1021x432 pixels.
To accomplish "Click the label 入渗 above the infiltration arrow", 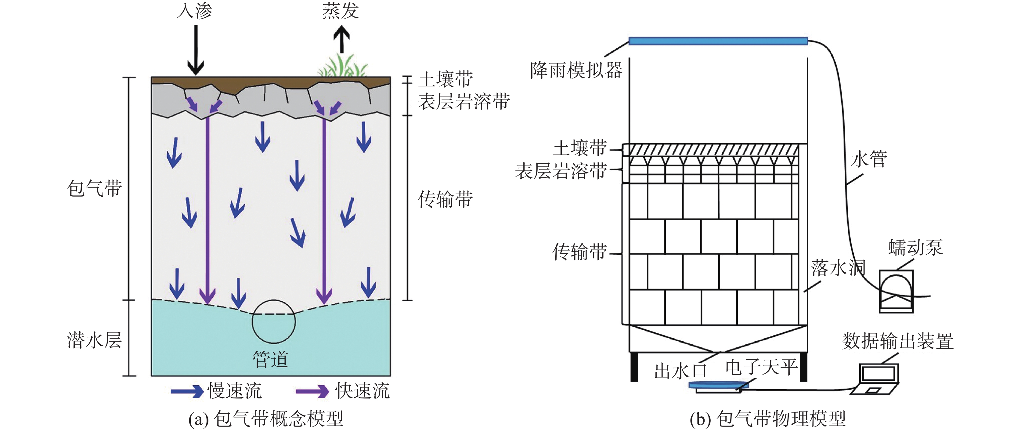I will pos(194,11).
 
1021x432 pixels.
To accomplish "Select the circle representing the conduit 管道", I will pos(273,321).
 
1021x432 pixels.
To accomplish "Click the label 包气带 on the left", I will pos(94,188).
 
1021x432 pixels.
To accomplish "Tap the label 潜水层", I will pos(94,340).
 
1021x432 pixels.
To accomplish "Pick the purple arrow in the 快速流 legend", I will pos(312,391).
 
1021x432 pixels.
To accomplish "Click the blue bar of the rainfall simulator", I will pos(718,41).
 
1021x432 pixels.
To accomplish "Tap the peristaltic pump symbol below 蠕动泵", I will pos(897,292).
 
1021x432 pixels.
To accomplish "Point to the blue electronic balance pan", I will pos(718,384).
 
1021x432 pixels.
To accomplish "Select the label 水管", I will pos(869,159).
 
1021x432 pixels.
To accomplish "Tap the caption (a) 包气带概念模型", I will pos(265,419).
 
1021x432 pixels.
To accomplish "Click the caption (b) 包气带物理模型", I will pos(768,419).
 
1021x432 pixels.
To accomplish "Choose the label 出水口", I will pos(680,371).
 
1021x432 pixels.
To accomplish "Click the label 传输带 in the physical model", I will pos(579,252).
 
